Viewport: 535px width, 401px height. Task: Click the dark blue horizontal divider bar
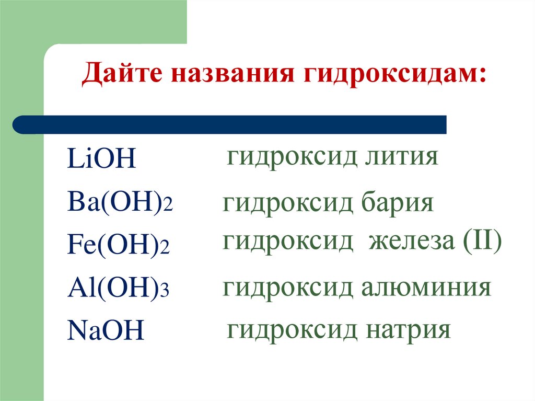tap(230, 125)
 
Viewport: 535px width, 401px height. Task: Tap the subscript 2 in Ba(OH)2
tap(168, 206)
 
